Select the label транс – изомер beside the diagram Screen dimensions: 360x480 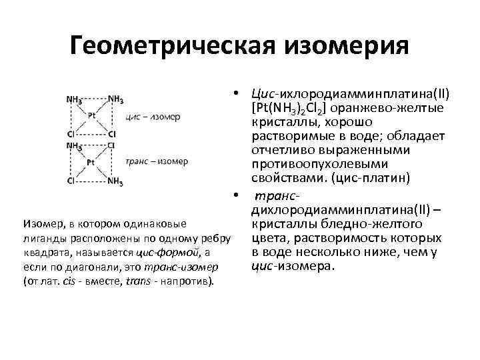pos(157,161)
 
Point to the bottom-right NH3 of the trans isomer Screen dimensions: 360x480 pos(114,180)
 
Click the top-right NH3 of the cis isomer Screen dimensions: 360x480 pos(114,99)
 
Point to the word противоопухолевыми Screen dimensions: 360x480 pos(306,164)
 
